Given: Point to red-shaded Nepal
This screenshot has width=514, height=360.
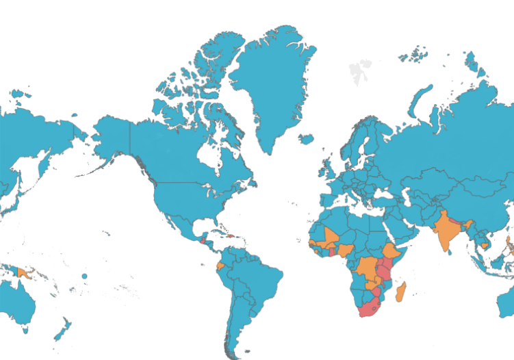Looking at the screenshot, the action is [x=457, y=218].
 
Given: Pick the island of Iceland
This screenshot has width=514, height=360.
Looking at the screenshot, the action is [x=306, y=139].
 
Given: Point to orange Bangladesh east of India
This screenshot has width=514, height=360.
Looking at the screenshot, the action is [x=469, y=227].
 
